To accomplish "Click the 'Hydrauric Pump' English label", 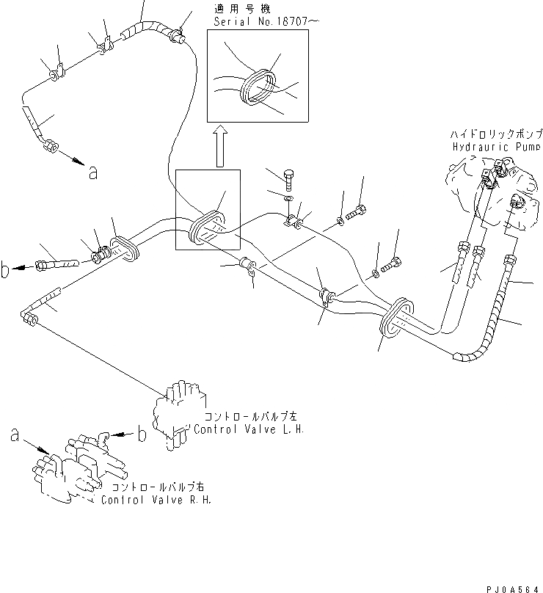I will (496, 146).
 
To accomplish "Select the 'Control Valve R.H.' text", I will (156, 501).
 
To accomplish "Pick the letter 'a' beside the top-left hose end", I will (92, 172).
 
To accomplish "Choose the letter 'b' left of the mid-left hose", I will (7, 272).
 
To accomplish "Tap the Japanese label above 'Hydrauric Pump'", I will (496, 134).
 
